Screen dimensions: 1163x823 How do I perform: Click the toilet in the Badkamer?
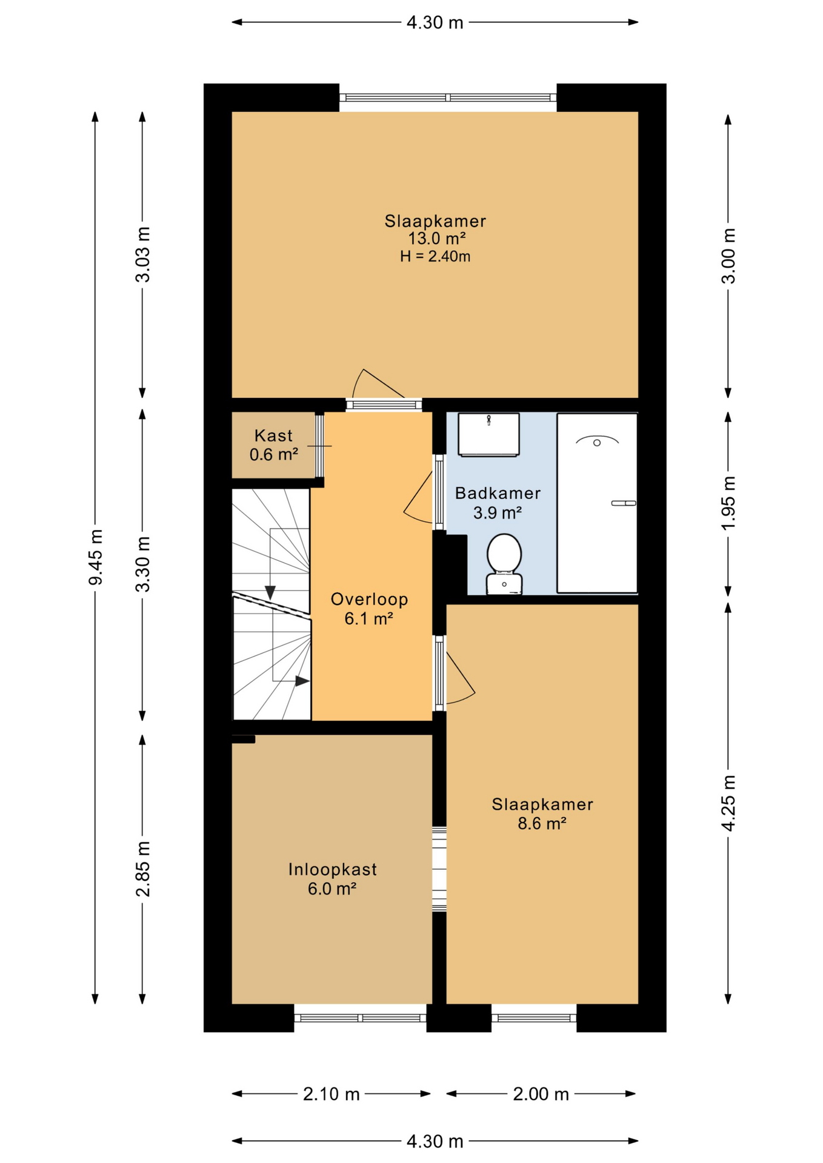[504, 563]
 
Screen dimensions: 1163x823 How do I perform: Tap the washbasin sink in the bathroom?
[488, 434]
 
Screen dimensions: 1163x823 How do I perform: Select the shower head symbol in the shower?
[597, 442]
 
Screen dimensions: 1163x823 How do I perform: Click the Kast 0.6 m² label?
[274, 445]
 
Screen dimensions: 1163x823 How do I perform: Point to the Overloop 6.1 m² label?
[369, 609]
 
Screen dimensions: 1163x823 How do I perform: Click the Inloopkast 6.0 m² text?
[332, 879]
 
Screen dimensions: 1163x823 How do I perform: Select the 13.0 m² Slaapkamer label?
[435, 230]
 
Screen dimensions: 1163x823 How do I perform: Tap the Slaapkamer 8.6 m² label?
[542, 813]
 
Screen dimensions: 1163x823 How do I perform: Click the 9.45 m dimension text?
[96, 557]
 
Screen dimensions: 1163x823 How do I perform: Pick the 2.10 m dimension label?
[331, 1094]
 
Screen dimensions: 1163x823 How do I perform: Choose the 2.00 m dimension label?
[541, 1094]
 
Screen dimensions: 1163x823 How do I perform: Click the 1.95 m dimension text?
[728, 503]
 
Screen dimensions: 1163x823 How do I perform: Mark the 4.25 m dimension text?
[728, 803]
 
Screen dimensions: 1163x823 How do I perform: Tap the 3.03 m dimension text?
[143, 254]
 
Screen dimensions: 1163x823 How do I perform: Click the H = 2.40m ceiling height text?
[435, 257]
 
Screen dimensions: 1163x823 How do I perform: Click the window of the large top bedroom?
[447, 98]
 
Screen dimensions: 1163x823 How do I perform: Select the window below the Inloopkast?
[361, 1018]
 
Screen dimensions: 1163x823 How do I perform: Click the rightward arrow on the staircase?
[302, 681]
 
